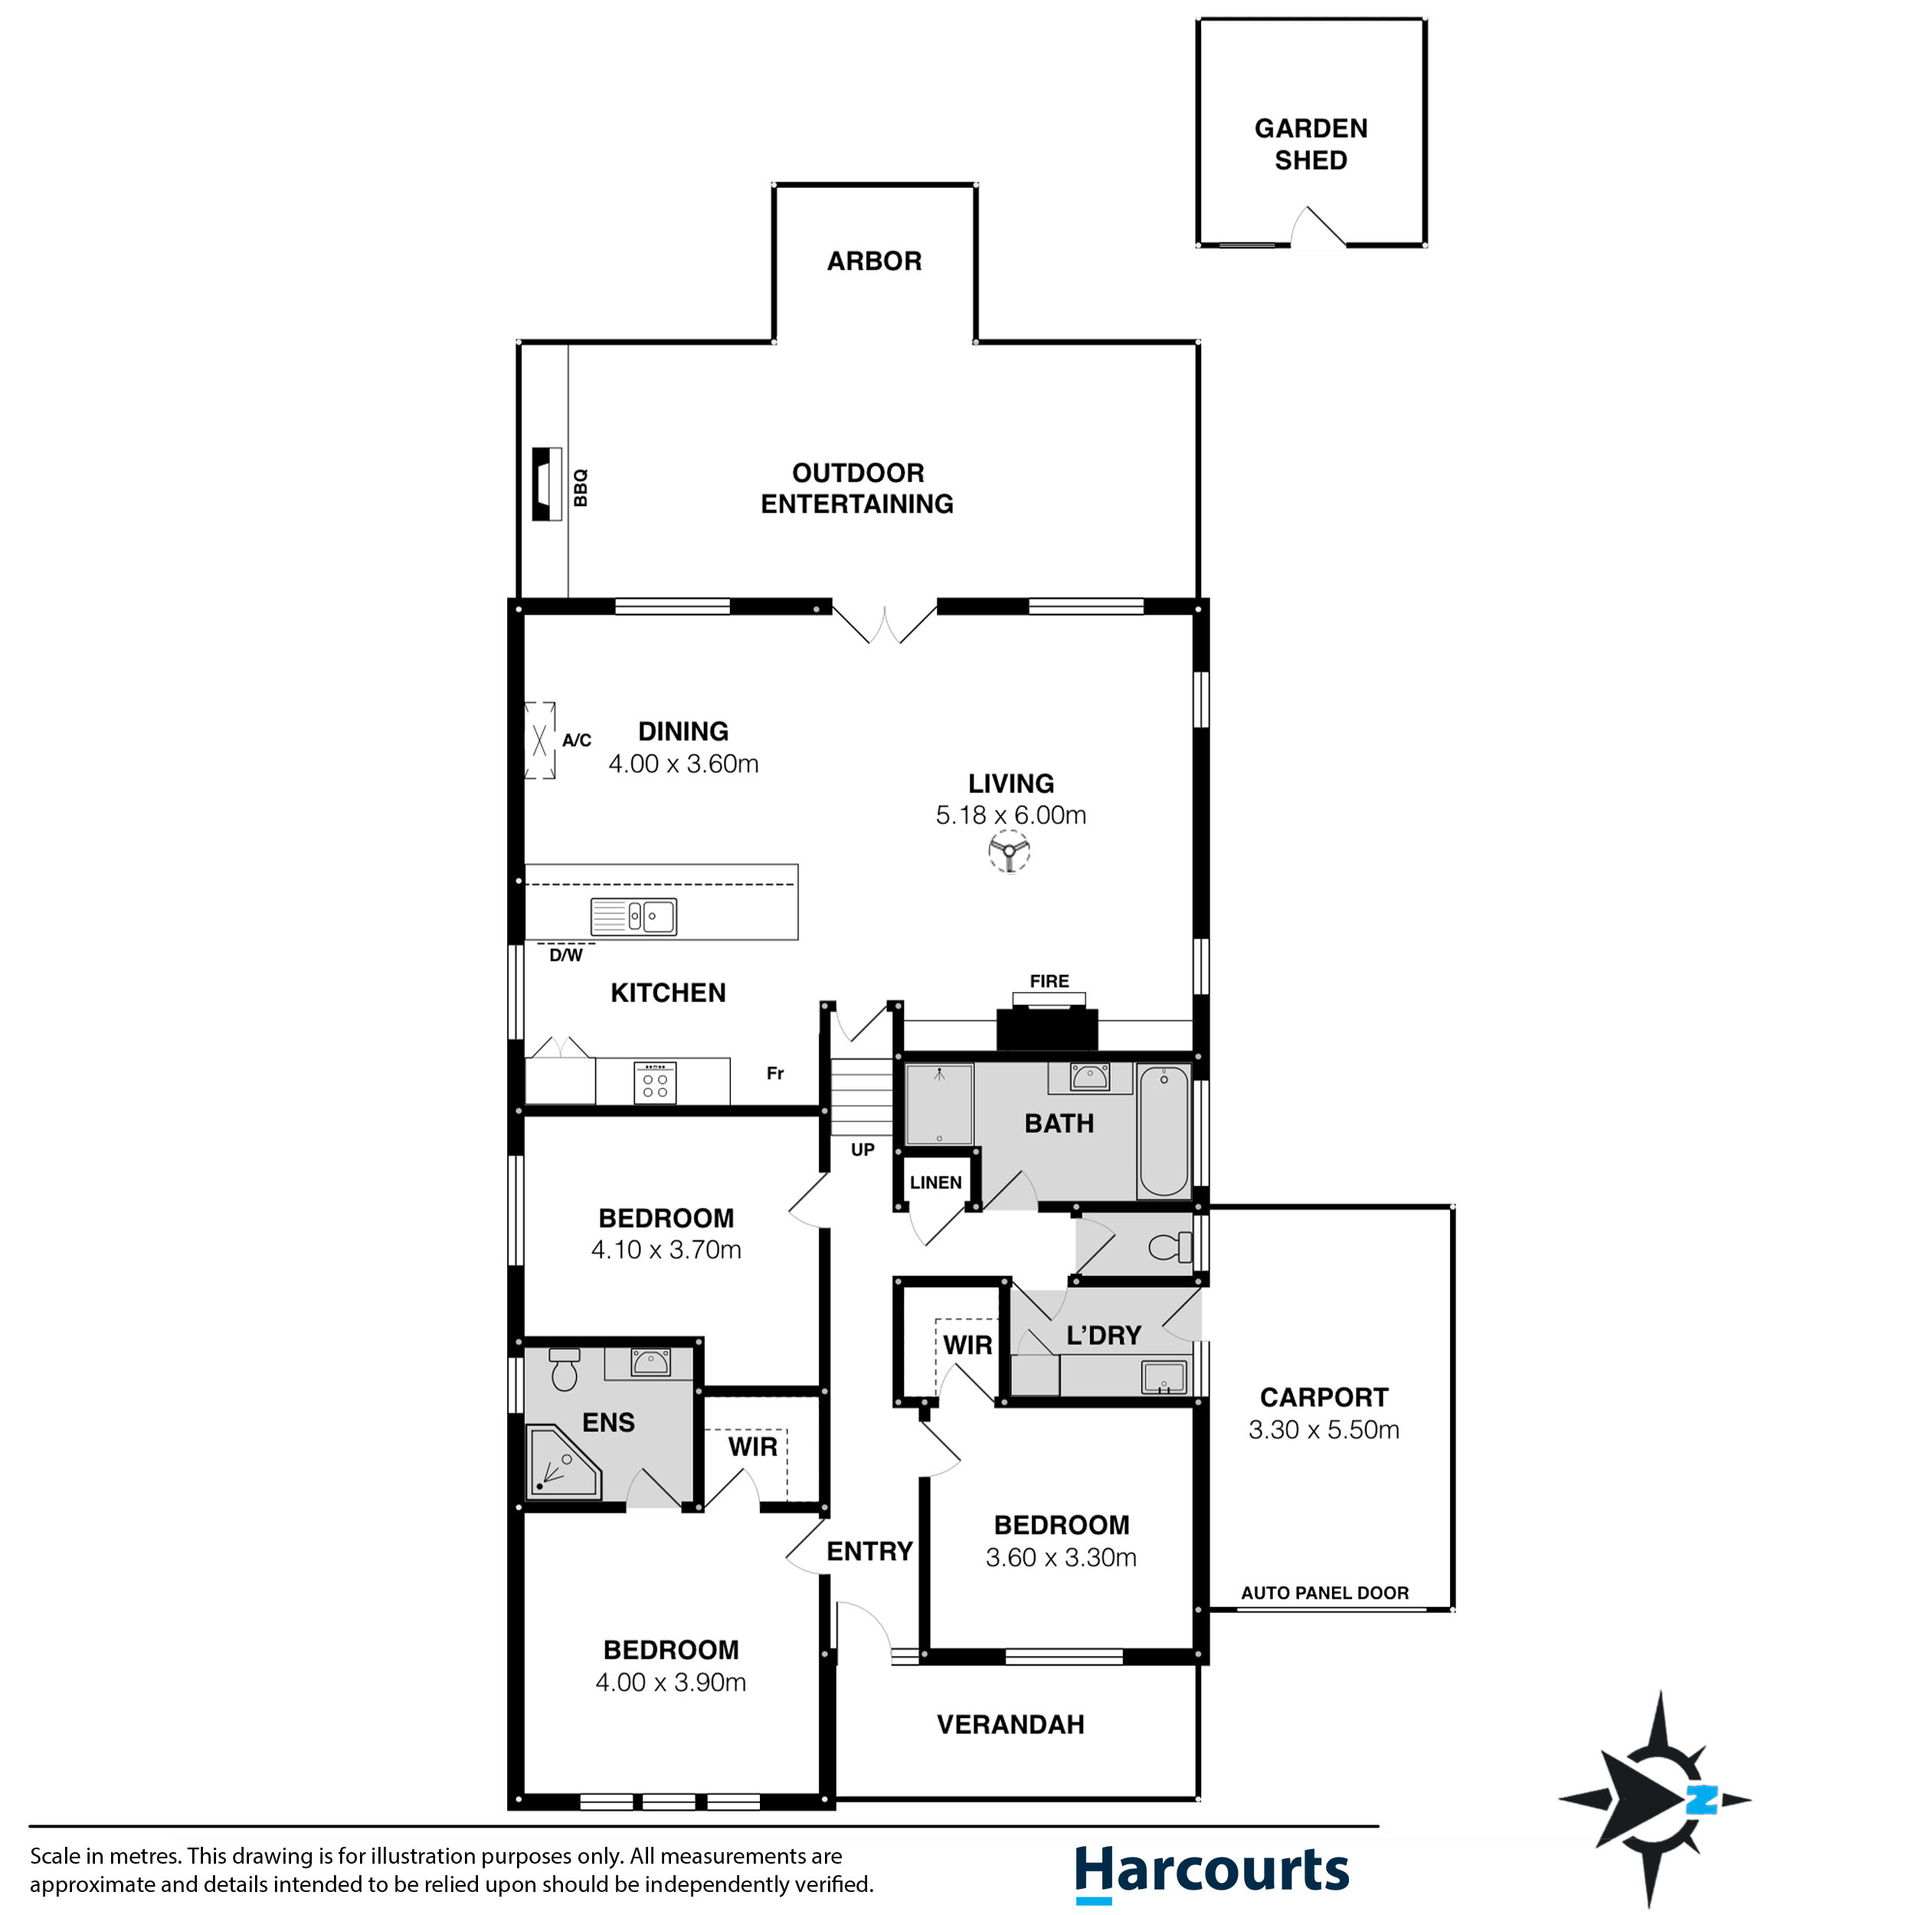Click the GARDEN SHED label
click(x=1311, y=144)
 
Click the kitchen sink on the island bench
click(x=633, y=917)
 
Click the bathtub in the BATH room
click(x=1163, y=1130)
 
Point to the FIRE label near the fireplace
click(x=1049, y=981)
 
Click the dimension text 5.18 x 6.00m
click(x=1010, y=815)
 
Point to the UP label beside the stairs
click(x=863, y=1150)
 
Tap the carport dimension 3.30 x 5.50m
click(x=1323, y=1429)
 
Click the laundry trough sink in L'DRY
click(x=1163, y=1377)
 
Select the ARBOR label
click(x=874, y=260)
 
